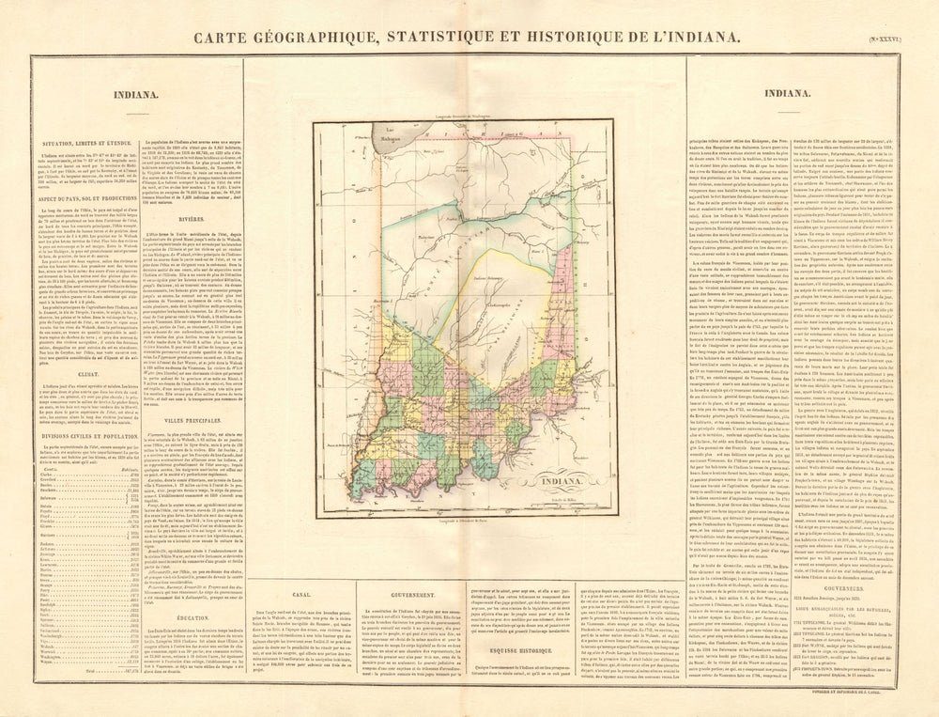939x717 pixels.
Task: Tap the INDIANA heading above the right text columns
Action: pos(787,94)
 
